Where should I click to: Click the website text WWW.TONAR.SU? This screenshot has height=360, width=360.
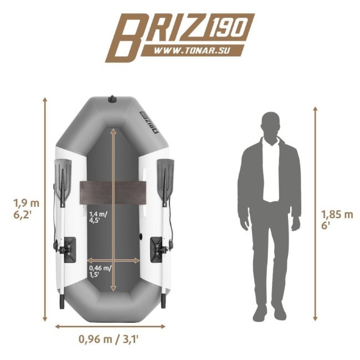[192, 51]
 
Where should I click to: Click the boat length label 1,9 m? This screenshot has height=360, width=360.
[27, 203]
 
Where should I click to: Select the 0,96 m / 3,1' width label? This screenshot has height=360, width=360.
[109, 339]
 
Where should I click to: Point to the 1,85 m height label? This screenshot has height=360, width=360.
[337, 215]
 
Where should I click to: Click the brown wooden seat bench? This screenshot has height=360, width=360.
[113, 193]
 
